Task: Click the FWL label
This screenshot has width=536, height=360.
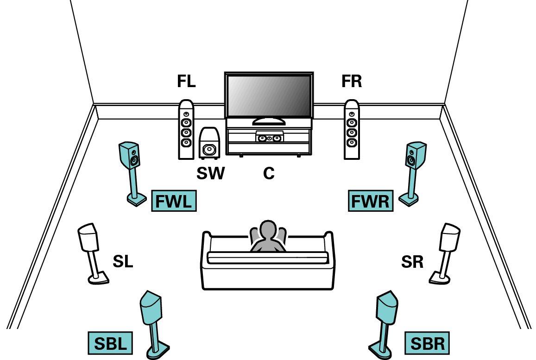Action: [x=174, y=201]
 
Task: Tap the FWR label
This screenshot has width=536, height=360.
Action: [x=371, y=201]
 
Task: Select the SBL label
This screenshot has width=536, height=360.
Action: [x=110, y=343]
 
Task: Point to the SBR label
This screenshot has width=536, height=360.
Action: [x=427, y=343]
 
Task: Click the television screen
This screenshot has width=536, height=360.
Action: [x=269, y=96]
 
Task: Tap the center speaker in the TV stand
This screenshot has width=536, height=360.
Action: [x=269, y=137]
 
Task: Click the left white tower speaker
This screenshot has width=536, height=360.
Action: [x=186, y=130]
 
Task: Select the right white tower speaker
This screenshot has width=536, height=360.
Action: [x=352, y=130]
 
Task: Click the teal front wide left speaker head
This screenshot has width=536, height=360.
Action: [x=130, y=155]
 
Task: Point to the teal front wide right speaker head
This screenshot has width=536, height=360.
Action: [x=416, y=155]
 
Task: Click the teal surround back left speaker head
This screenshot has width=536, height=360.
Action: [x=151, y=308]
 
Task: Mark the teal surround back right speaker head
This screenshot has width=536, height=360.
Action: [x=387, y=308]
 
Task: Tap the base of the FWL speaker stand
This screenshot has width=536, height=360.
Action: [x=136, y=200]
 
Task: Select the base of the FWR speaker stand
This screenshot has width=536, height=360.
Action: [x=409, y=200]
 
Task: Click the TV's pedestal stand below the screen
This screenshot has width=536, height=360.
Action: [x=269, y=121]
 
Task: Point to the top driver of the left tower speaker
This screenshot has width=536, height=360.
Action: [x=186, y=114]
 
